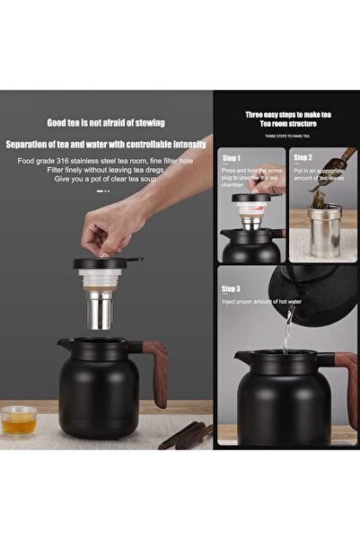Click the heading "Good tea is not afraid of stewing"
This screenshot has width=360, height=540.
106,122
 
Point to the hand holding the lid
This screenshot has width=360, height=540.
117,224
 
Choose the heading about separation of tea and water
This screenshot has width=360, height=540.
106,144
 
